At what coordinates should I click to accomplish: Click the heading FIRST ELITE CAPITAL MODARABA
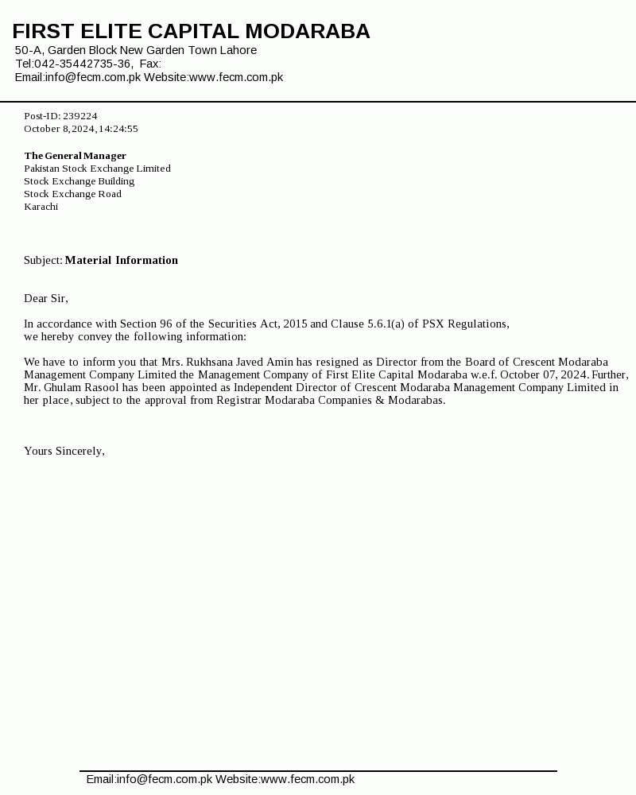tap(191, 32)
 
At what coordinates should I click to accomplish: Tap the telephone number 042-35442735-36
tap(83, 64)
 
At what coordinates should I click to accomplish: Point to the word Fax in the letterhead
tap(149, 64)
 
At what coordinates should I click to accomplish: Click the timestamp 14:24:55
tap(118, 129)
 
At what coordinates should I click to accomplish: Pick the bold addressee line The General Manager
tap(75, 156)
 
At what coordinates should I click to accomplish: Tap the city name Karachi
tap(41, 207)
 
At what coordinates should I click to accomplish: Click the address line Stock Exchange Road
tap(72, 194)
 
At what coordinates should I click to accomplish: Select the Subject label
tap(43, 261)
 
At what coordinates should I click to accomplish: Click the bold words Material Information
tap(122, 261)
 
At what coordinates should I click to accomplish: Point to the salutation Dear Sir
tap(45, 299)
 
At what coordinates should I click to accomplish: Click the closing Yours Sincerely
tap(64, 452)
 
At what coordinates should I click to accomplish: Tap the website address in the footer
tap(308, 780)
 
